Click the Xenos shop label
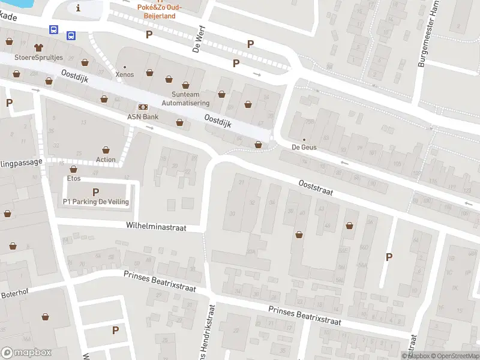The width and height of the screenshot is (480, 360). [x=125, y=74]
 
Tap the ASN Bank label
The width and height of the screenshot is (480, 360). [x=142, y=116]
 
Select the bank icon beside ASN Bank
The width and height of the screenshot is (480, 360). [x=143, y=106]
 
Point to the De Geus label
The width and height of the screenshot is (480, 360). [x=304, y=147]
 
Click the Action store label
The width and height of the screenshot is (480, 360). [x=106, y=160]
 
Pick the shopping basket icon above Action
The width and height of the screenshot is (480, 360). [x=106, y=149]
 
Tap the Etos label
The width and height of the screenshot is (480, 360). [x=74, y=179]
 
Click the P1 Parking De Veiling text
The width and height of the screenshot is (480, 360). [x=96, y=202]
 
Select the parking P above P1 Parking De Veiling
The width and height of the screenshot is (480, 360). [x=95, y=192]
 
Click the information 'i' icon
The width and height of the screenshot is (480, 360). [x=78, y=7]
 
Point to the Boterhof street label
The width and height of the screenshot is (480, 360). [x=14, y=294]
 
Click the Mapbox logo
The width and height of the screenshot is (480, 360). [x=26, y=353]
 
